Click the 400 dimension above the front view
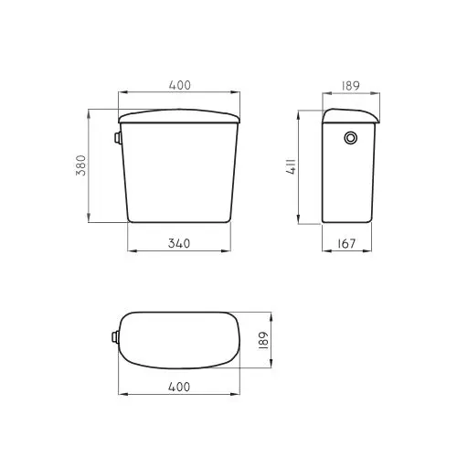pyautogui.click(x=180, y=85)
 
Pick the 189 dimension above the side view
pyautogui.click(x=350, y=85)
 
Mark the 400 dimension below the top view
pyautogui.click(x=180, y=387)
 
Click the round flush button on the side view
pyautogui.click(x=350, y=139)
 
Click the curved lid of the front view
pyautogui.click(x=180, y=115)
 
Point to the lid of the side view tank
pyautogui.click(x=350, y=115)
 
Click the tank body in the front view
pyautogui.click(x=180, y=174)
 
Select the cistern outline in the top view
pyautogui.click(x=180, y=339)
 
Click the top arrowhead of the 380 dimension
pyautogui.click(x=89, y=112)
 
